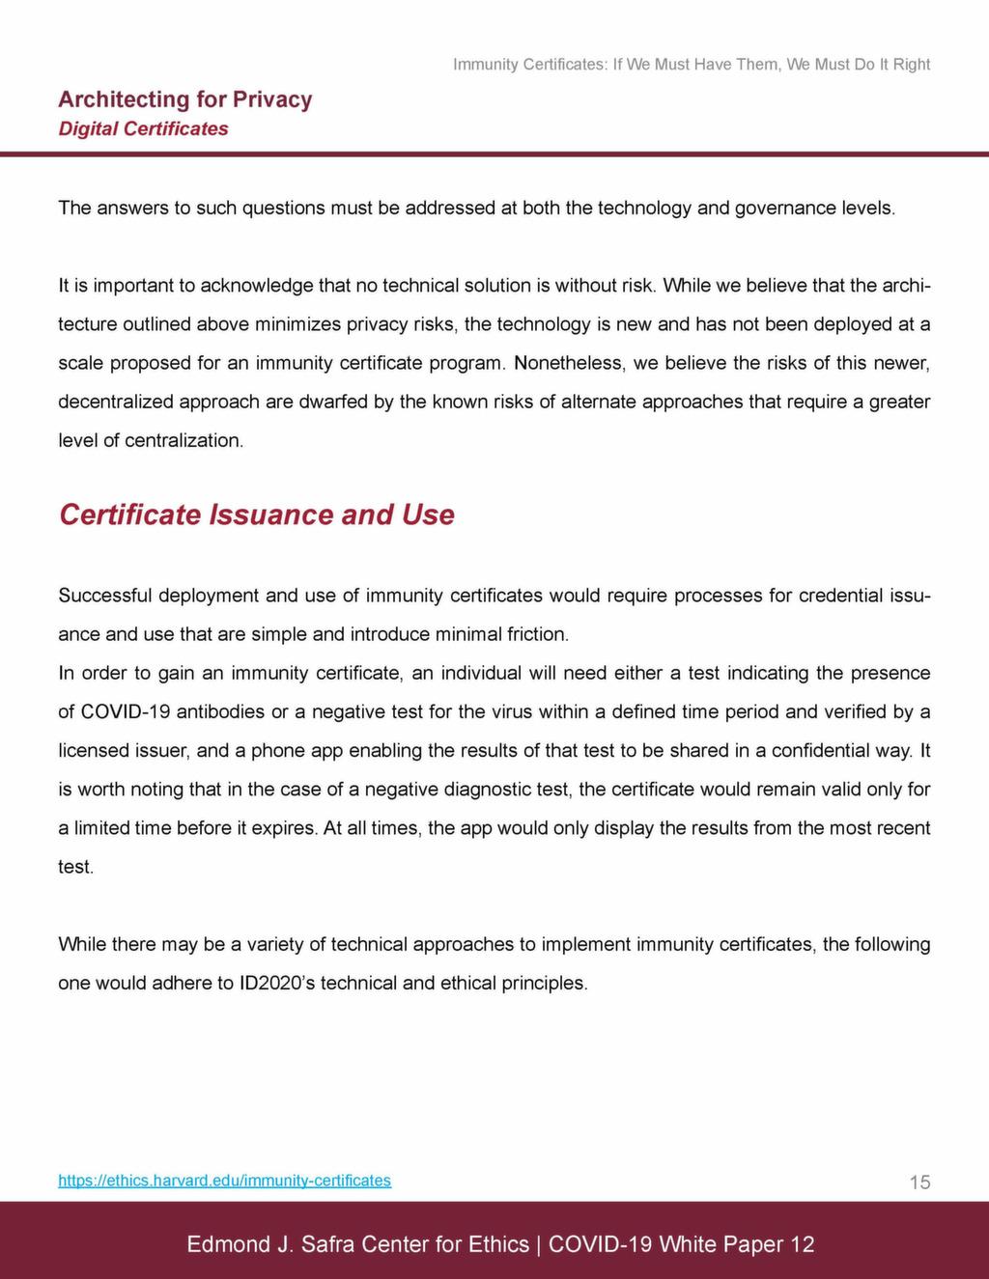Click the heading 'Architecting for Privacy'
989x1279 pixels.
(x=184, y=99)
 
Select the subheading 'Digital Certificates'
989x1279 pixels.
(x=143, y=128)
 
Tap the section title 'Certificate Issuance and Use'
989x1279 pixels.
(x=256, y=514)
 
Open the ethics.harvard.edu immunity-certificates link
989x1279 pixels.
(x=224, y=1181)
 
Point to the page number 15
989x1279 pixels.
(x=919, y=1182)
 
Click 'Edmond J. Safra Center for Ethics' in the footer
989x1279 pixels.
(x=357, y=1244)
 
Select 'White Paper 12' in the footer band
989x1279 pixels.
(x=737, y=1244)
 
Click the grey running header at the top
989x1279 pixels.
(x=692, y=65)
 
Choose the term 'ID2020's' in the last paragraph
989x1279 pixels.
(x=278, y=983)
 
